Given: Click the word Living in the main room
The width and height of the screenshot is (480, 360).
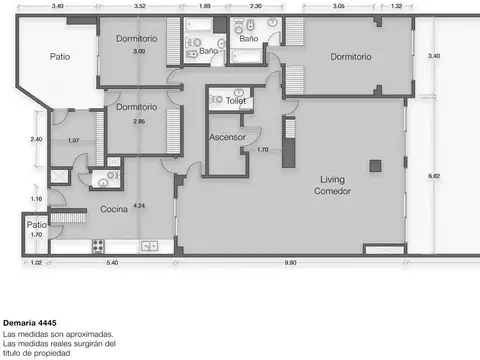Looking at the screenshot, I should [332, 179].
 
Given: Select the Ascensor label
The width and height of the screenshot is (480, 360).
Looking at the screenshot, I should [227, 136].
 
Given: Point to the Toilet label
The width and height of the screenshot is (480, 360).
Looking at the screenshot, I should [236, 101].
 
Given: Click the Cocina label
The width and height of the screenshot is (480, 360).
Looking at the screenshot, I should [113, 210].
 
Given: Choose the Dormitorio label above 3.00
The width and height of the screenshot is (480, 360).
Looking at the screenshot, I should [135, 38].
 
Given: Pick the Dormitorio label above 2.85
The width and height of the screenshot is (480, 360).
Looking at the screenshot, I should [135, 106].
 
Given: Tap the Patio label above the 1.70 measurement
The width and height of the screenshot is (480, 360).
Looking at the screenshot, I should [36, 225].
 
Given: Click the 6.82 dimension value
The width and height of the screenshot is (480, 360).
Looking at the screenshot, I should [433, 176].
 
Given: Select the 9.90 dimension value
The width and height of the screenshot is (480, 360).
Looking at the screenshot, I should [290, 262].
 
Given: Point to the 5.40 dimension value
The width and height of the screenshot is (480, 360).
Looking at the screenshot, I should [112, 262].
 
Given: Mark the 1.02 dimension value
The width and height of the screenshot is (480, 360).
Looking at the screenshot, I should [37, 262].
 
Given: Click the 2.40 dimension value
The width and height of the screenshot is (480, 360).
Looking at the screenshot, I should [36, 138].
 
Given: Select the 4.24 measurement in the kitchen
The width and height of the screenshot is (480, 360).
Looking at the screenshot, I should [139, 205].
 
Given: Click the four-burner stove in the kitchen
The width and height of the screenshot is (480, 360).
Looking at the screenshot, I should [100, 245].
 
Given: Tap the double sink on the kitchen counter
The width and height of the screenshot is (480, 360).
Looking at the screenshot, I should [150, 245].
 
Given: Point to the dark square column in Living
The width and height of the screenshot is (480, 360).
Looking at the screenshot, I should [375, 165].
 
